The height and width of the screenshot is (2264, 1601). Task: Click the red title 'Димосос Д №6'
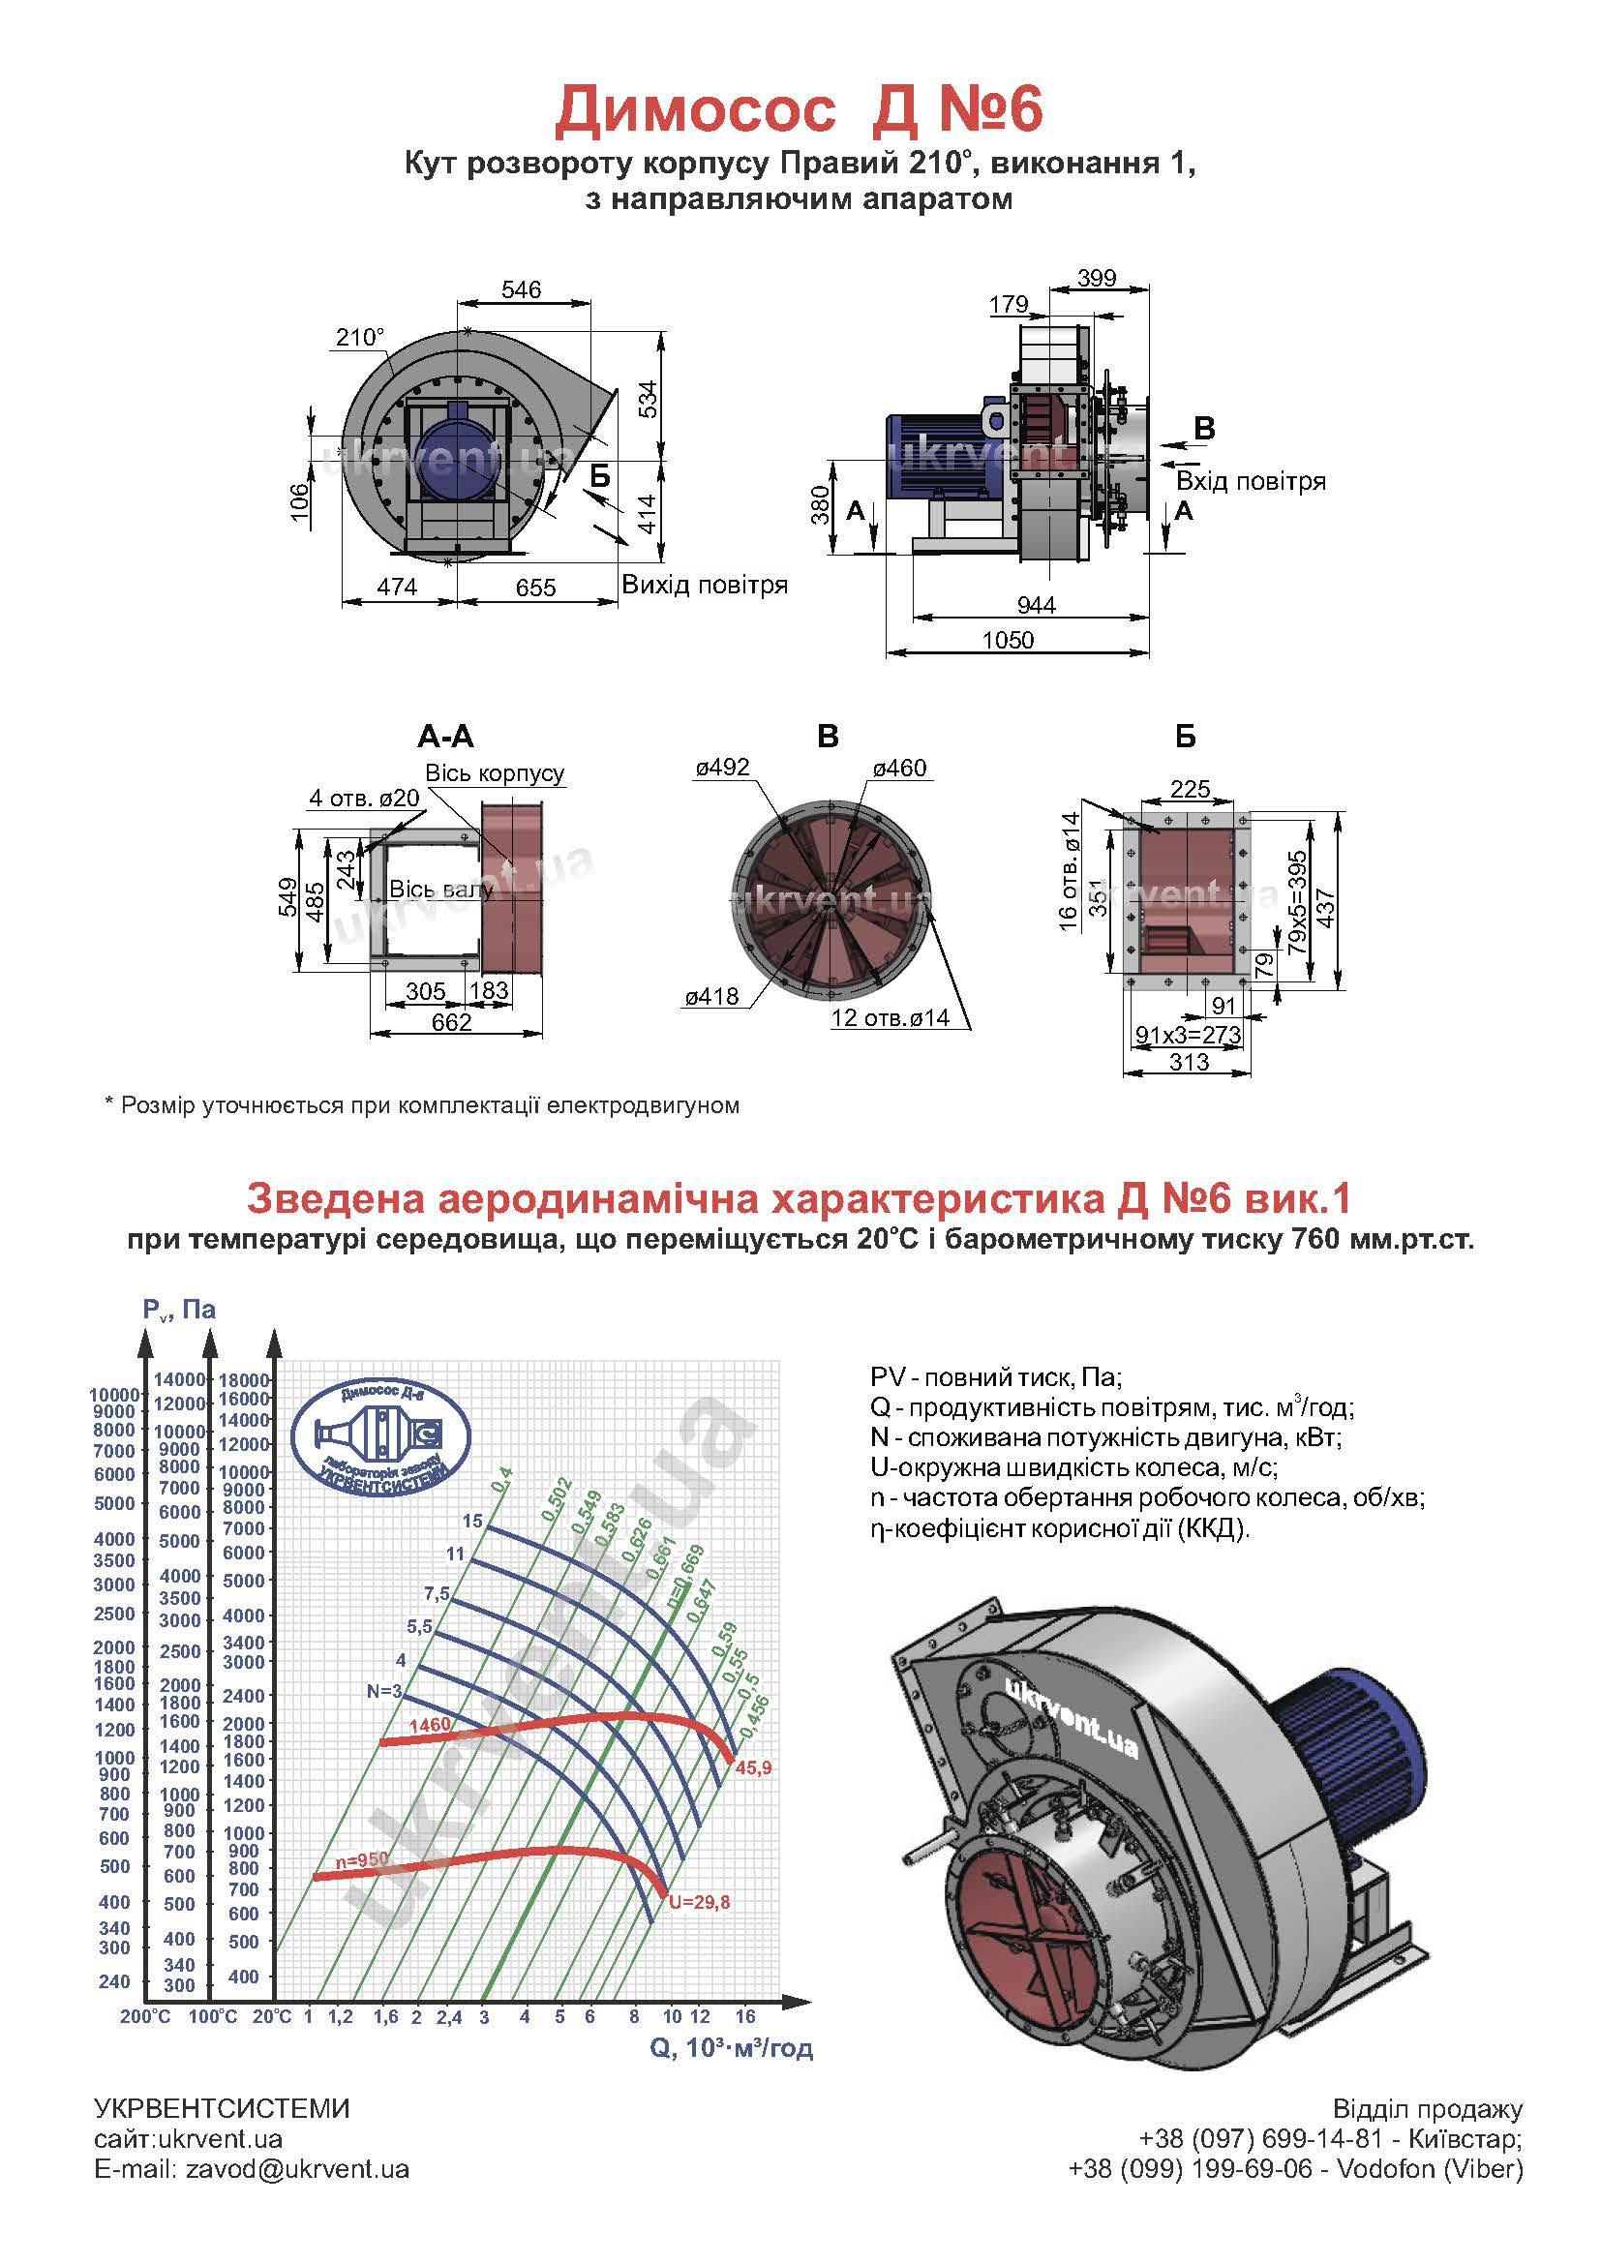coord(799,109)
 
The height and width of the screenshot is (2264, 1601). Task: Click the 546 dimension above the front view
coord(521,288)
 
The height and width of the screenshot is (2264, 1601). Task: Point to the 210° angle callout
coord(359,337)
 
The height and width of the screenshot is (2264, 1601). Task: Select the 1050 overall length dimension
coord(1008,640)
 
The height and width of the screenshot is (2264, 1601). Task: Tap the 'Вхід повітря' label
coord(1251,481)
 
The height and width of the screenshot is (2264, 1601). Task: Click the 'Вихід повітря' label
coord(704,585)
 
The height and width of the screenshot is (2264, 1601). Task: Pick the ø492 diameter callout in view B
coord(723,768)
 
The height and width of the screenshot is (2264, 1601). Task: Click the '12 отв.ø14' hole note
coord(891,1017)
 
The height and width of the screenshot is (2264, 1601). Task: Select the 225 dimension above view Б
coord(1190,789)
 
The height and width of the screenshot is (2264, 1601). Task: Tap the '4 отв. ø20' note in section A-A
coord(365,798)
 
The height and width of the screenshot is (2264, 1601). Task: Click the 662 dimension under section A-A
coord(451,1022)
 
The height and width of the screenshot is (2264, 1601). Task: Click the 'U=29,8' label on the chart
coord(699,1903)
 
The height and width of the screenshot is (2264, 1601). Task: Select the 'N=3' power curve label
coord(385,1691)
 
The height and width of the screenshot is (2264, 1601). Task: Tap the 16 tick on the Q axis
coord(745,2016)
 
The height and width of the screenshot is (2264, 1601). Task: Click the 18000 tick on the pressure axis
coord(244,1379)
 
